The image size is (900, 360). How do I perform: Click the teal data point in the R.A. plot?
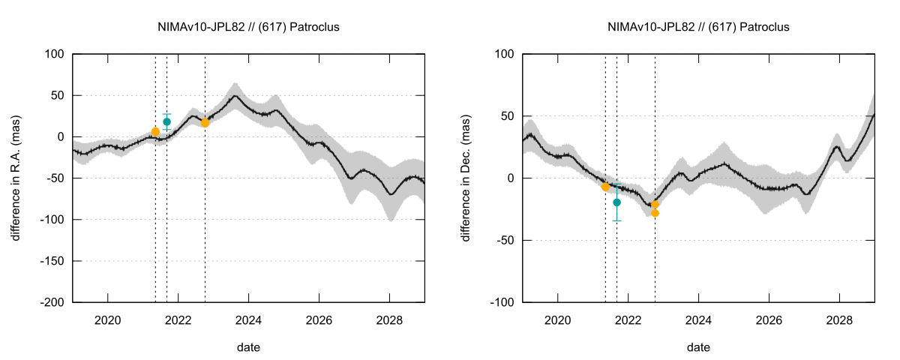pyautogui.click(x=166, y=121)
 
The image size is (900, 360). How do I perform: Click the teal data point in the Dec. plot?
pyautogui.click(x=616, y=202)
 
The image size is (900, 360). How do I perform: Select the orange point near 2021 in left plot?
pyautogui.click(x=155, y=132)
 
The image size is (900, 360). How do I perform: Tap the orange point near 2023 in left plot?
pyautogui.click(x=205, y=122)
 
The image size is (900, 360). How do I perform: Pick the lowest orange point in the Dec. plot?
pyautogui.click(x=655, y=213)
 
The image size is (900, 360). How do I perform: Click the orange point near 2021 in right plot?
pyautogui.click(x=605, y=187)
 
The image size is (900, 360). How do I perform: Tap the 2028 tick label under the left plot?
pyautogui.click(x=389, y=320)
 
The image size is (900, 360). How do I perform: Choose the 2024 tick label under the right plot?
pyautogui.click(x=698, y=320)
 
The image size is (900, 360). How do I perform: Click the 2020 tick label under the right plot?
pyautogui.click(x=557, y=320)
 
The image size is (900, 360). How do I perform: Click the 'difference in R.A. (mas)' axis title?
pyautogui.click(x=16, y=178)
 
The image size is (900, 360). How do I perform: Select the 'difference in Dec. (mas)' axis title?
pyautogui.click(x=466, y=178)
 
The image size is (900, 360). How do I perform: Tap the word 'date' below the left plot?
pyautogui.click(x=248, y=347)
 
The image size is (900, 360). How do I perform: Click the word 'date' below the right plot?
pyautogui.click(x=698, y=347)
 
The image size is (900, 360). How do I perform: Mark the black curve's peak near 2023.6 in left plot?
pyautogui.click(x=235, y=95)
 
